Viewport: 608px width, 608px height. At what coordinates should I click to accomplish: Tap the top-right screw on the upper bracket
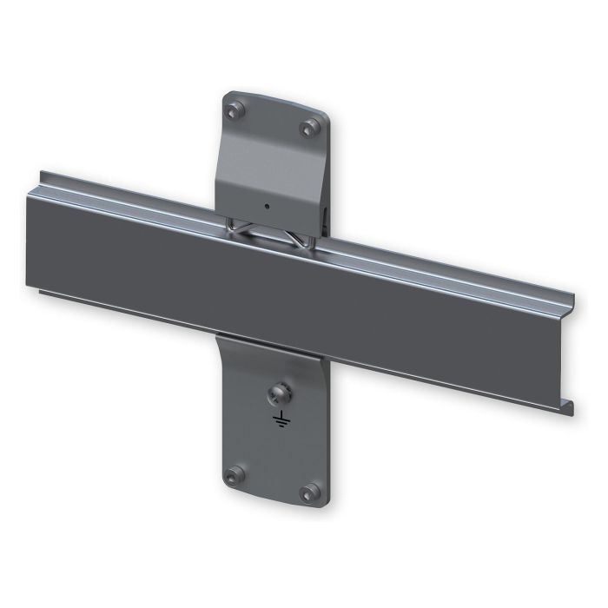[x=307, y=129]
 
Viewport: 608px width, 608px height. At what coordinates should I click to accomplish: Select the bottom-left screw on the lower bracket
[x=233, y=475]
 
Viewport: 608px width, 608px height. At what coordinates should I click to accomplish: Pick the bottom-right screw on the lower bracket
[x=307, y=493]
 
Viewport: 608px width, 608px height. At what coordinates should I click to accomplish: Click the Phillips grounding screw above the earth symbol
[x=281, y=392]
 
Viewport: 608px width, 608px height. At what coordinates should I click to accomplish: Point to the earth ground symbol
[x=281, y=421]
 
